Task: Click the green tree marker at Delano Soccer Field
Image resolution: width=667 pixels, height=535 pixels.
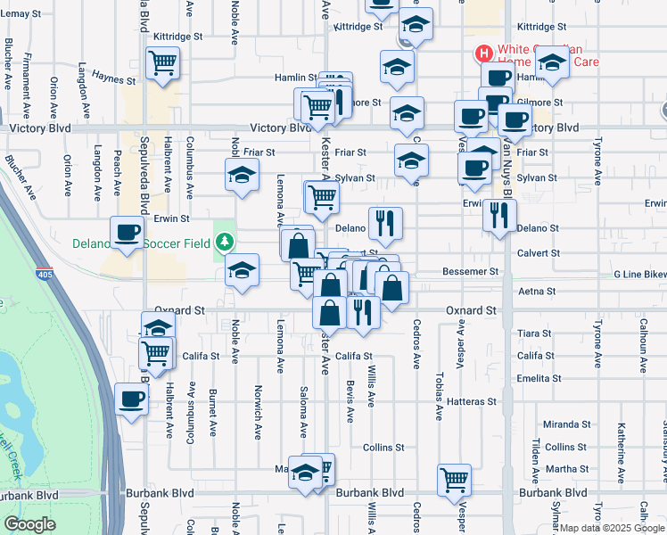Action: click(x=226, y=242)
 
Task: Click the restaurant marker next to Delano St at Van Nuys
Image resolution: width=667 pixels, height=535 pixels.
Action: click(x=499, y=215)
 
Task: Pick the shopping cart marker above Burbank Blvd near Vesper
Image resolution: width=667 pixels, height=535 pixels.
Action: click(x=455, y=479)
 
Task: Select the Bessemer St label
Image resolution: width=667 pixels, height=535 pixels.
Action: click(x=470, y=271)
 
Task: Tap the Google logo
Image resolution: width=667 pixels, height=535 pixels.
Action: click(x=29, y=525)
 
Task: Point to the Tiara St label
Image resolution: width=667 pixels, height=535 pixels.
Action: click(x=534, y=333)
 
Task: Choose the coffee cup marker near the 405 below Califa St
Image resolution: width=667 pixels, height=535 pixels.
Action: click(x=131, y=399)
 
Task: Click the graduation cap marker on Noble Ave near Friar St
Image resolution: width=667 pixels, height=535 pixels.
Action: click(x=241, y=177)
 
